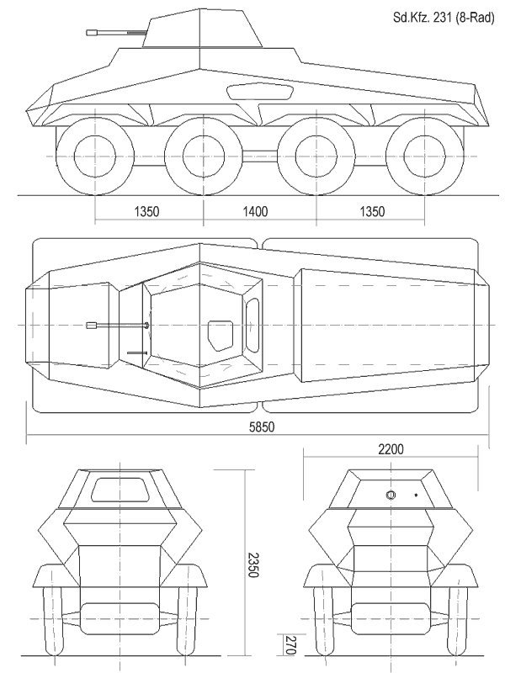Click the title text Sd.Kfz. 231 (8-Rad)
click(x=444, y=18)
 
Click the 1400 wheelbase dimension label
click(x=255, y=212)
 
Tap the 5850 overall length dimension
click(x=262, y=427)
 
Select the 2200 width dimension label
click(x=391, y=449)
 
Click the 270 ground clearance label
click(x=290, y=645)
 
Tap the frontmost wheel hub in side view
click(x=95, y=156)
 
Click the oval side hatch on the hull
click(x=260, y=92)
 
